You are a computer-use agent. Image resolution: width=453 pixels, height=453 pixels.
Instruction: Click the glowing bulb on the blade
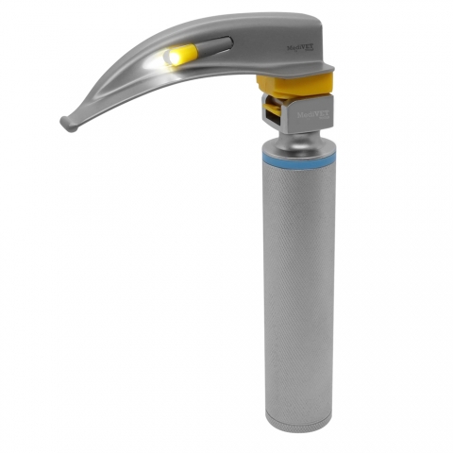point(171,59)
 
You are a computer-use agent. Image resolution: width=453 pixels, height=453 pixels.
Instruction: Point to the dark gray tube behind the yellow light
point(215,43)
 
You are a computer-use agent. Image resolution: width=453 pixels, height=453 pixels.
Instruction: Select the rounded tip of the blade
point(66,123)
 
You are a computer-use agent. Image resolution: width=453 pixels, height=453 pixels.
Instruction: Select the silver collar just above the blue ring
point(299,154)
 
